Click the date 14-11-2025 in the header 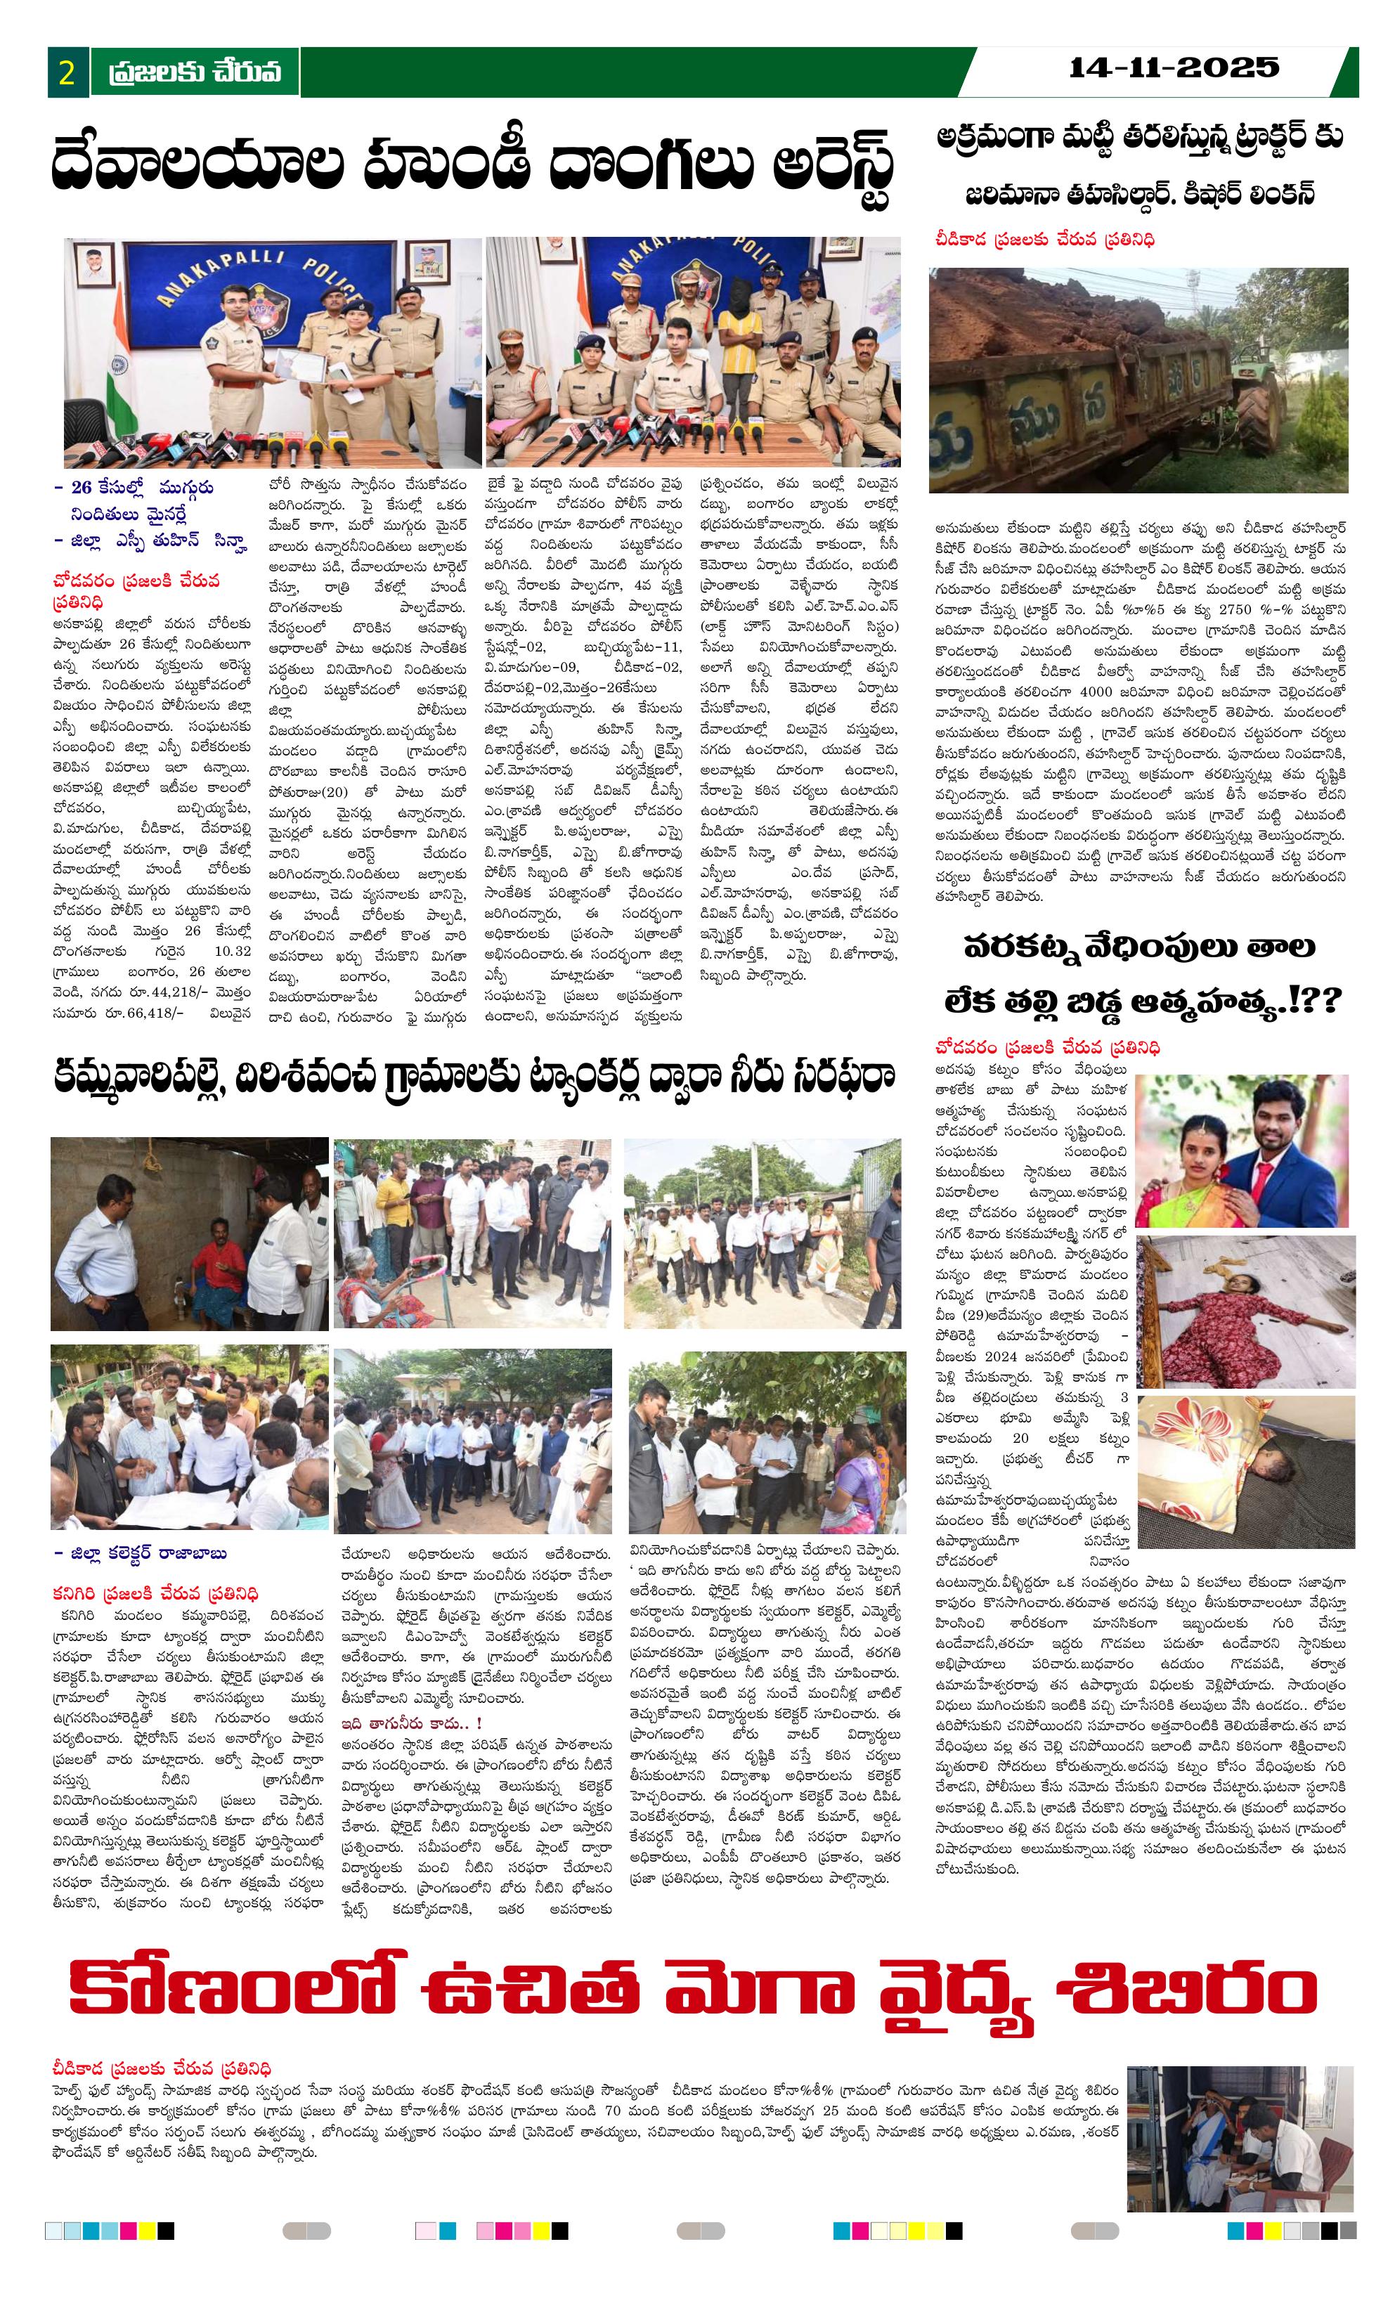point(1173,67)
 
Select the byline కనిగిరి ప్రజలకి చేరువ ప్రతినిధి point(155,1593)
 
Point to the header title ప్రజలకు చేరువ point(194,72)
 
